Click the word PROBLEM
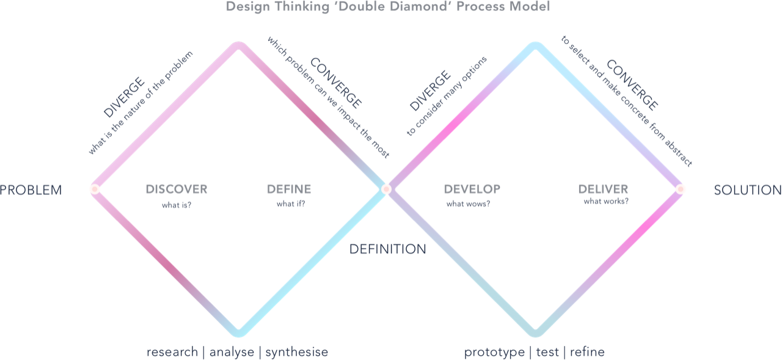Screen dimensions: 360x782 tap(31, 190)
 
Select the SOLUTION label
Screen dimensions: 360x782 tap(747, 190)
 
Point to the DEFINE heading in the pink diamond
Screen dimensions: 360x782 tap(290, 189)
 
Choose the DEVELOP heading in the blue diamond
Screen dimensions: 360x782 tap(472, 189)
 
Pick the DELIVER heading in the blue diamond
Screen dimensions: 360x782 tap(602, 189)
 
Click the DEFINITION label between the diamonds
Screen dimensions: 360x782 tap(387, 249)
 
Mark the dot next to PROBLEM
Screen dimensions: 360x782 tap(95, 189)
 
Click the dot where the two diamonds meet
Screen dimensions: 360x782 tap(386, 189)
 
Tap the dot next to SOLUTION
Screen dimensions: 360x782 tap(681, 189)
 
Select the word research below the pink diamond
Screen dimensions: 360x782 tap(171, 353)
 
